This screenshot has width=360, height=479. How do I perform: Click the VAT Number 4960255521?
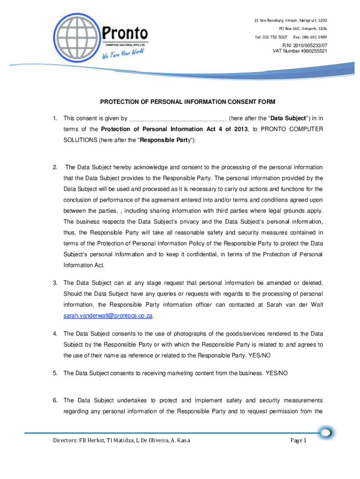click(300, 51)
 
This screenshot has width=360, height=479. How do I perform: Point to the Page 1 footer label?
click(298, 441)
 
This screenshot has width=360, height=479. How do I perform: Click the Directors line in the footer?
click(121, 441)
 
